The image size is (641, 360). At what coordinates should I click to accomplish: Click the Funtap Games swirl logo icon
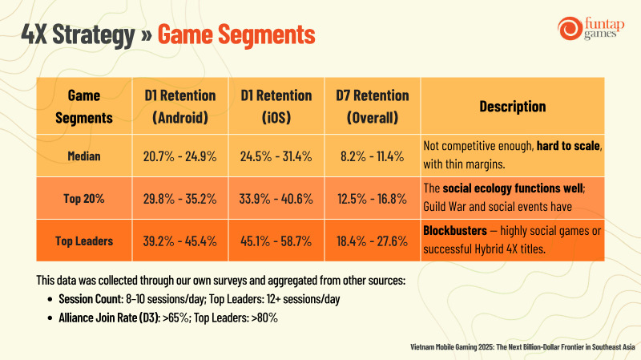[570, 28]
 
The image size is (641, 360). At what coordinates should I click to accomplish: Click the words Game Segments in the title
[236, 34]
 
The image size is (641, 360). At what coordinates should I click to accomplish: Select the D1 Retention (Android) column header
[180, 107]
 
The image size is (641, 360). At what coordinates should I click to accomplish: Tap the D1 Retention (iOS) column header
[276, 107]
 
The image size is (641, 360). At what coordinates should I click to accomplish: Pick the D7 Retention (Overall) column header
[373, 107]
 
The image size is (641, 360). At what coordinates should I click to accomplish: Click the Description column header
[513, 107]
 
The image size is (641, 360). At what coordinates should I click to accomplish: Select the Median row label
[84, 156]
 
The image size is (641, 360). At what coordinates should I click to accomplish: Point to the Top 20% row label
[84, 198]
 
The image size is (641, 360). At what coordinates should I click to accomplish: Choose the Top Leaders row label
[84, 241]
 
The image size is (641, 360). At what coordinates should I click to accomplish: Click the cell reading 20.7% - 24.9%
[179, 156]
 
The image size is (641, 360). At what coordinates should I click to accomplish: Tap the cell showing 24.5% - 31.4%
[276, 156]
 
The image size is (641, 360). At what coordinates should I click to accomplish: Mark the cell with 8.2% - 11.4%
[372, 156]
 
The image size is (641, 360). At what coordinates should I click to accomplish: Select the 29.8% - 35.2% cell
[179, 199]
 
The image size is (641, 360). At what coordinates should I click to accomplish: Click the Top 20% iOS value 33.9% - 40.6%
[276, 199]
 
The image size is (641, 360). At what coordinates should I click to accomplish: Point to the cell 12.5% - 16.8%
[372, 199]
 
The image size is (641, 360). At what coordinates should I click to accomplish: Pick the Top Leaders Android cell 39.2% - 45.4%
[179, 241]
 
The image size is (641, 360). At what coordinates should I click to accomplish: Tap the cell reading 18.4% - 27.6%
[372, 241]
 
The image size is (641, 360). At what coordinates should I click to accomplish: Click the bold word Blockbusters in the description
[455, 231]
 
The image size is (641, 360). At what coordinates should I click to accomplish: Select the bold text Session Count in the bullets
[91, 299]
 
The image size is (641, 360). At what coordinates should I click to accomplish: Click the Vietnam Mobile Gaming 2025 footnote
[522, 347]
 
